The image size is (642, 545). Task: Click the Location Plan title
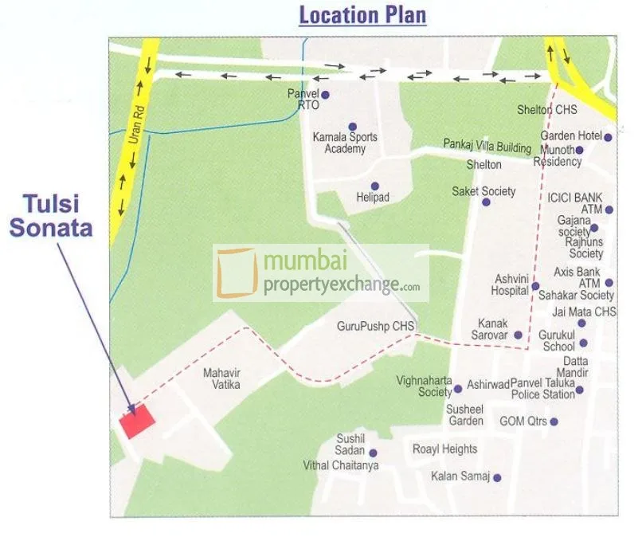(362, 15)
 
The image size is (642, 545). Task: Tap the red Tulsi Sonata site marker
(137, 421)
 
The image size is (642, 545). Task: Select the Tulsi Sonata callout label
(51, 214)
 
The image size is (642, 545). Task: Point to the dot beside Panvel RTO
(325, 95)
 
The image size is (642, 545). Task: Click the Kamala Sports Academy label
(345, 143)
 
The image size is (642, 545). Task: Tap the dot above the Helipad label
(374, 186)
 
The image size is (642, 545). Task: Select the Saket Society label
(483, 191)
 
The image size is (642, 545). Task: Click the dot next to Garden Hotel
(608, 137)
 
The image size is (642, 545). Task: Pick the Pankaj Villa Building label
(487, 147)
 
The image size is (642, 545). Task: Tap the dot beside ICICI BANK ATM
(609, 210)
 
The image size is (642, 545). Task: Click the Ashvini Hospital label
(511, 284)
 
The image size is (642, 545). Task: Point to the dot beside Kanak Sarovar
(518, 335)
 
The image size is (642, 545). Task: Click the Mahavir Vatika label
(221, 378)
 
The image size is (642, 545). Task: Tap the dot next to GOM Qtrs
(554, 421)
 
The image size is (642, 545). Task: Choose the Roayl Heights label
(444, 449)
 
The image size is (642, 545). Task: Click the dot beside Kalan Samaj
(497, 478)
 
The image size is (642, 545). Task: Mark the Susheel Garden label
(465, 414)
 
